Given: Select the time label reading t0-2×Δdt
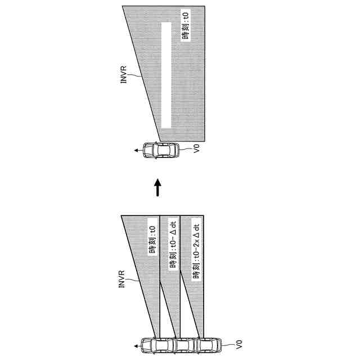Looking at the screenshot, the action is tap(197, 251).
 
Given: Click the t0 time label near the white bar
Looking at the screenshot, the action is tap(187, 26).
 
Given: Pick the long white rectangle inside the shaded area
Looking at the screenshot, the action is tap(166, 74).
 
